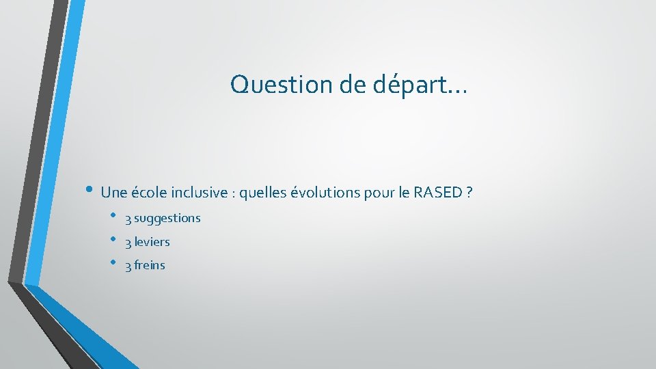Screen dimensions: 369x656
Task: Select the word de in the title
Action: click(353, 85)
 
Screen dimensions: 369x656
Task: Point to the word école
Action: click(148, 193)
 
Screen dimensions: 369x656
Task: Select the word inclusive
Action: click(200, 193)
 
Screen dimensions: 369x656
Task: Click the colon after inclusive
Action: click(234, 194)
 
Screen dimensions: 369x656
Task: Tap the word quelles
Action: click(263, 193)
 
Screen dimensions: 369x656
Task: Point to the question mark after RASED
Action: click(469, 193)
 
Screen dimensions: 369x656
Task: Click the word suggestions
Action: click(167, 219)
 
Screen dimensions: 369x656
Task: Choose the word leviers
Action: click(152, 242)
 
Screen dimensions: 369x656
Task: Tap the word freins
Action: click(150, 265)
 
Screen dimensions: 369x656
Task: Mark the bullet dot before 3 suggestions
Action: click(113, 217)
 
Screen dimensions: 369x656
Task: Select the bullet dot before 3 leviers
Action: click(113, 240)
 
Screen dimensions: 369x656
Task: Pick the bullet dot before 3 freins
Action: click(113, 263)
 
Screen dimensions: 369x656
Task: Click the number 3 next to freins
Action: click(128, 266)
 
